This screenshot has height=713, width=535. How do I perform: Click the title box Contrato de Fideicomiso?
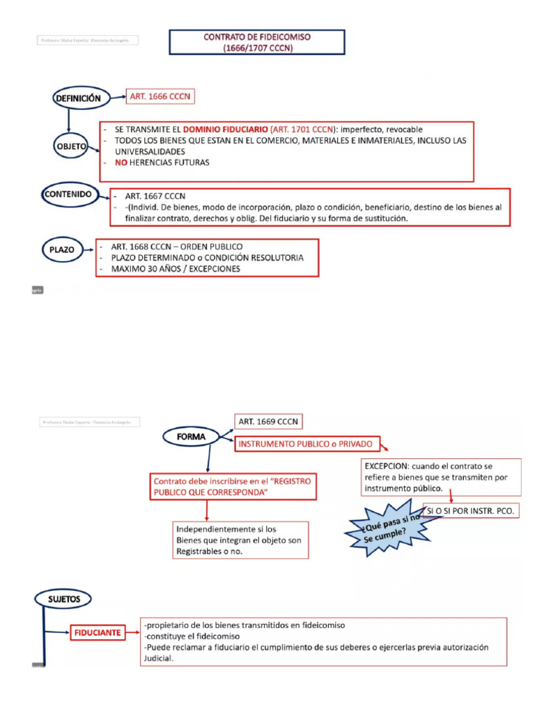pos(257,42)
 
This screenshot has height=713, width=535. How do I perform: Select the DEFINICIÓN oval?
pos(78,98)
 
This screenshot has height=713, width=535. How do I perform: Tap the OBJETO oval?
pos(70,147)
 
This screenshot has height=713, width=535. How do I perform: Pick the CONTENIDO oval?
pos(68,195)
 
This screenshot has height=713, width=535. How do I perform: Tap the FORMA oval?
pos(192,437)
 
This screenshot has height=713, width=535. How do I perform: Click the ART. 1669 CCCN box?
pos(268,422)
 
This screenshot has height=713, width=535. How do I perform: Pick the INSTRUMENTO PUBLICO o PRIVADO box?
pos(306,444)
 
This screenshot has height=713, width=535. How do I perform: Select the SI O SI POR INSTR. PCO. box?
pos(471,510)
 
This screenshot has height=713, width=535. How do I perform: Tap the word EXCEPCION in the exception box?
pos(386,465)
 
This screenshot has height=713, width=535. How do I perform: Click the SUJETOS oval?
pos(64,599)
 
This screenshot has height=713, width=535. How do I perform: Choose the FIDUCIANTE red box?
pos(98,633)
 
